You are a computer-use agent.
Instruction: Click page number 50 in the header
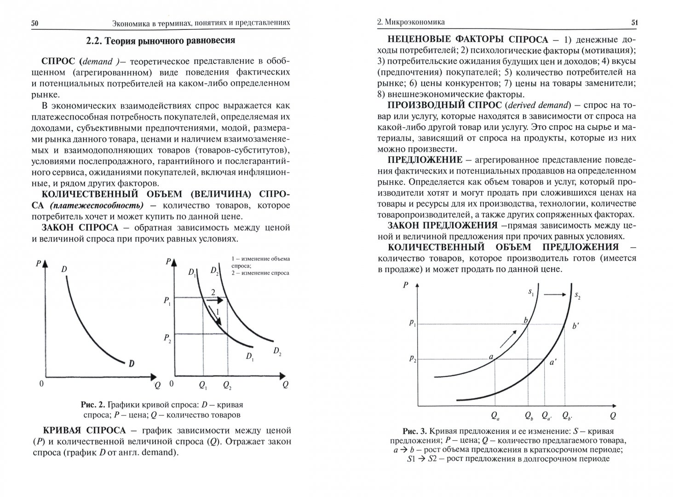[34, 23]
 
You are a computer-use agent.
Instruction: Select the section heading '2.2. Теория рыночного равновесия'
[161, 41]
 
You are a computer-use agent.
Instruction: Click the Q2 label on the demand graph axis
[227, 385]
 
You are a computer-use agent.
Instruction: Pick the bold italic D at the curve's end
[132, 364]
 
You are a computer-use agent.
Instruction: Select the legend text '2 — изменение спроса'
[260, 273]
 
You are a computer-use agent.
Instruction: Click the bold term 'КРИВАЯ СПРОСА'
[84, 431]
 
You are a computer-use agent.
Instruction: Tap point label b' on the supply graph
[575, 326]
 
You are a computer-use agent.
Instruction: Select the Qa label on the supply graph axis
[495, 416]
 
